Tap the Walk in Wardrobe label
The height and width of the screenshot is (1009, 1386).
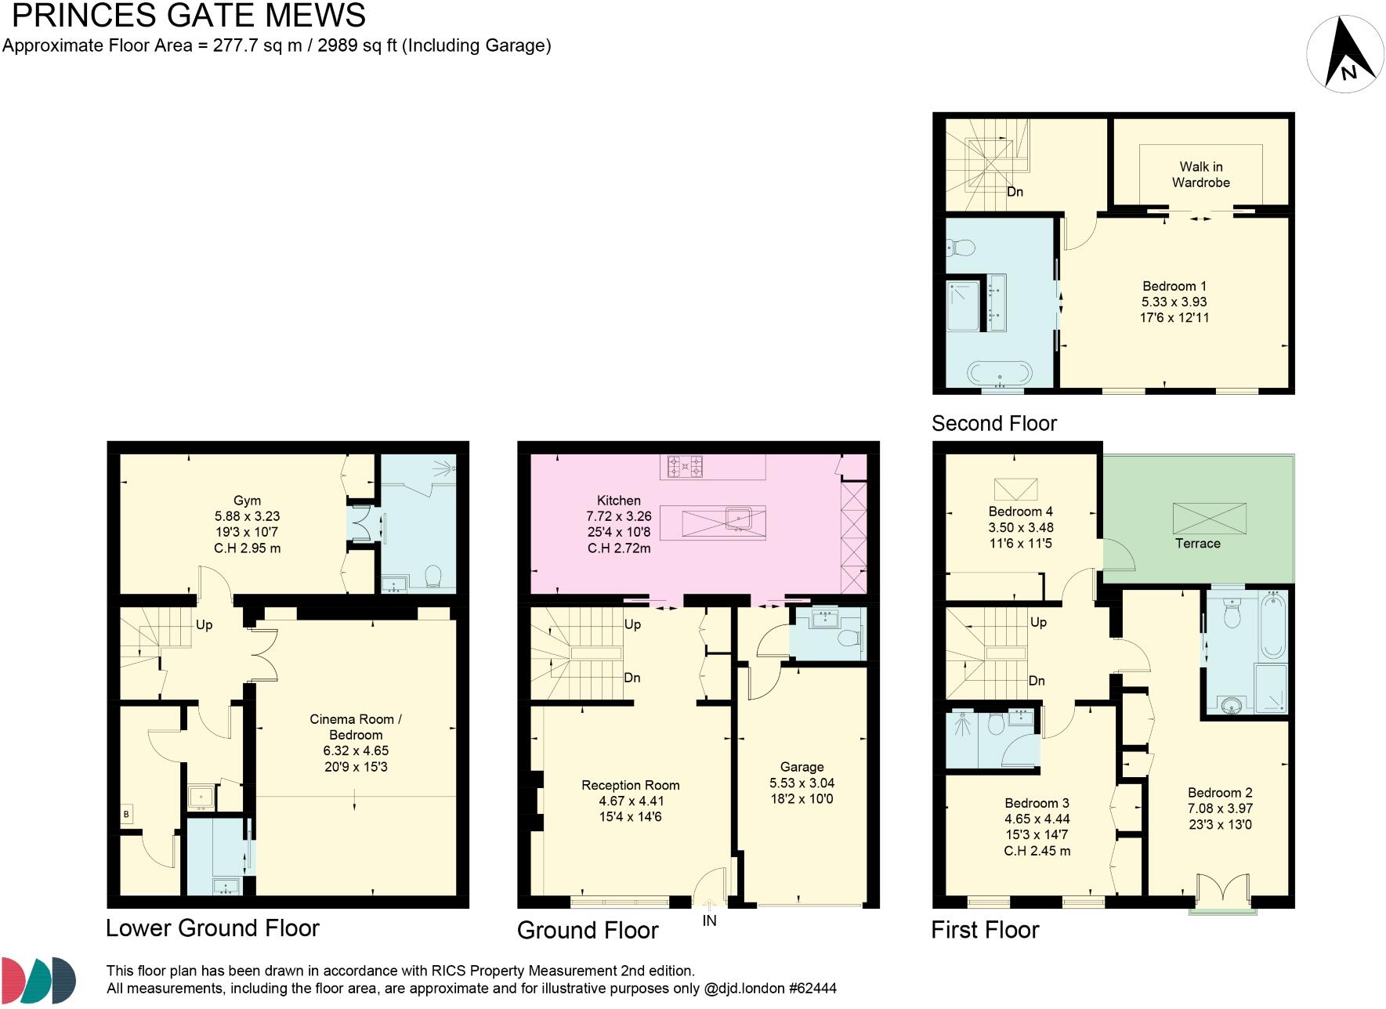(x=1200, y=175)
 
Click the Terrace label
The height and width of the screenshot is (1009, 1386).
(x=1197, y=544)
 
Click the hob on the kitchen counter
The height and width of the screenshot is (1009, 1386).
(x=685, y=467)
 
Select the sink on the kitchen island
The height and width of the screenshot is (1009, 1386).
(x=739, y=518)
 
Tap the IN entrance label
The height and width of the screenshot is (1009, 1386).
(x=709, y=921)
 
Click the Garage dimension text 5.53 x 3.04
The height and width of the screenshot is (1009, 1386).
(x=802, y=783)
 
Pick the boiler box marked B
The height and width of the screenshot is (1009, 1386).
(x=126, y=815)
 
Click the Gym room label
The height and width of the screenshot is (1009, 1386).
(x=247, y=501)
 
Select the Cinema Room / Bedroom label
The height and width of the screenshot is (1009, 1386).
(x=356, y=727)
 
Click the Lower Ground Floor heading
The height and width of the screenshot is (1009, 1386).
(x=212, y=928)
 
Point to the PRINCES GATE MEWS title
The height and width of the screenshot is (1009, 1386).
(x=188, y=16)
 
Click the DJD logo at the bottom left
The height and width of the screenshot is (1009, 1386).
(x=38, y=979)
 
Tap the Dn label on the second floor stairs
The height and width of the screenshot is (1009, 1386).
(x=1015, y=192)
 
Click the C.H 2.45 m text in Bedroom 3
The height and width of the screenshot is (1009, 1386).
(x=1037, y=851)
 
